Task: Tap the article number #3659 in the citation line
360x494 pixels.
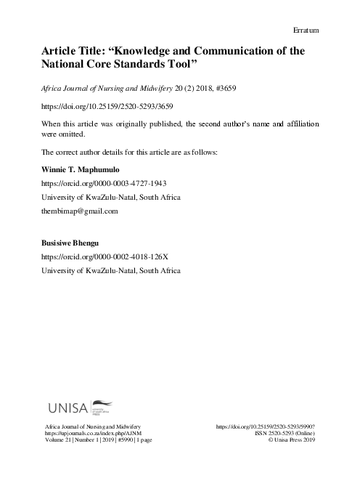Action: tap(221, 87)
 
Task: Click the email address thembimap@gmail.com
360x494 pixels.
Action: tap(80, 211)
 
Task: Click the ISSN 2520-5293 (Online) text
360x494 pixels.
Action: tap(282, 432)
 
